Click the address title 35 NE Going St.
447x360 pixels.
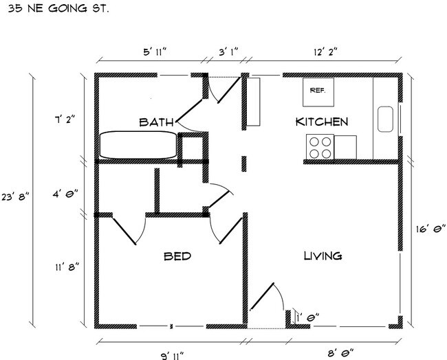(58, 8)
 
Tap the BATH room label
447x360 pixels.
(156, 122)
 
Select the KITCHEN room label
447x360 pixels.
(322, 122)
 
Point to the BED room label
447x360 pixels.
(177, 256)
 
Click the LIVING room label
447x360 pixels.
(323, 256)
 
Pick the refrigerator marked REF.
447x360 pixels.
(318, 92)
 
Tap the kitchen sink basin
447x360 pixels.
(385, 119)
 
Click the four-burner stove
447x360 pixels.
(320, 147)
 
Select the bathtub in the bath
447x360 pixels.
(138, 145)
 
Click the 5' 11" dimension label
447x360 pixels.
(155, 52)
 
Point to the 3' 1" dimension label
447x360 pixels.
(228, 52)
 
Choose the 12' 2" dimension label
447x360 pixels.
(325, 52)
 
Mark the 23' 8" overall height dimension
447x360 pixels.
(15, 196)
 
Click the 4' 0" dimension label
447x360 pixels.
(65, 194)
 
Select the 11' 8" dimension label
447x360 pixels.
(67, 267)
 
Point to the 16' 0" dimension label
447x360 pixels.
(430, 229)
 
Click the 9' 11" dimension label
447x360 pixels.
(172, 356)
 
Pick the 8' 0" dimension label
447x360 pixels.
(340, 353)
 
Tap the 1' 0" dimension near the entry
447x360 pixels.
(307, 317)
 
